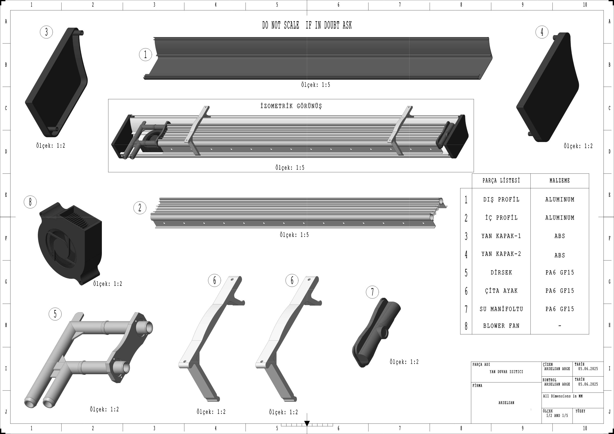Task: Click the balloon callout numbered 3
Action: point(46,32)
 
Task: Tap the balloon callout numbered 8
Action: point(30,202)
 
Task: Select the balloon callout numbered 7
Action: point(372,292)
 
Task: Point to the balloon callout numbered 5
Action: point(55,314)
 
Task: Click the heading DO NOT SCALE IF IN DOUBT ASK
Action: point(307,26)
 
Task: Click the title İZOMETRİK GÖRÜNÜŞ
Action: point(291,106)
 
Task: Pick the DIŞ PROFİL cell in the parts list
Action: point(501,200)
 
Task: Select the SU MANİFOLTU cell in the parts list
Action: point(501,309)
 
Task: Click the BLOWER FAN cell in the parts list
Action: point(501,326)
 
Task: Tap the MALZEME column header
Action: point(560,181)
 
